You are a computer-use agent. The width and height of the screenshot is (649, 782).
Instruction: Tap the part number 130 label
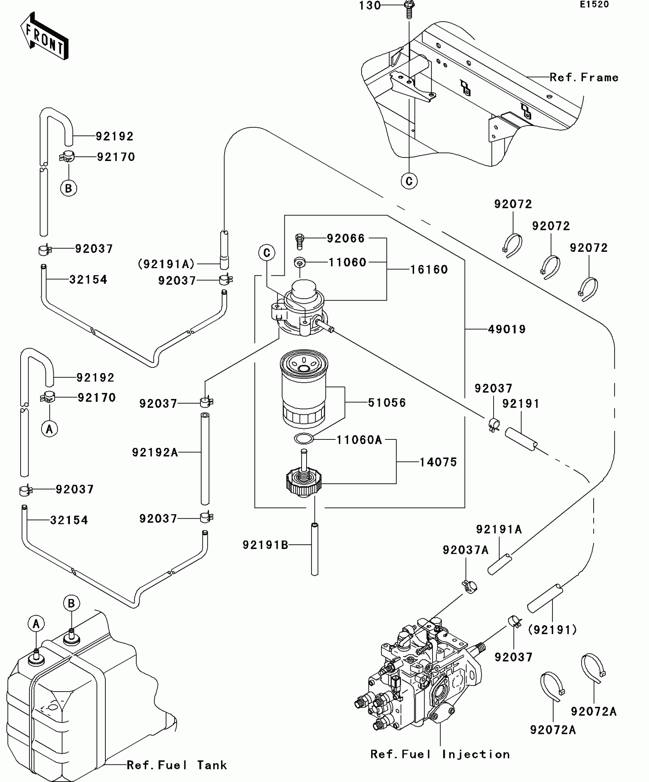370,6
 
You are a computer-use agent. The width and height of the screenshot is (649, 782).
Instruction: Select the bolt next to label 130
409,9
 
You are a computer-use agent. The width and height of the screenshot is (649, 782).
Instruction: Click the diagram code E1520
594,5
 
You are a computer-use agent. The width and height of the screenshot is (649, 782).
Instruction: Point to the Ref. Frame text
584,77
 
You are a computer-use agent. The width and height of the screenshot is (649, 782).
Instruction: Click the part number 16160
429,270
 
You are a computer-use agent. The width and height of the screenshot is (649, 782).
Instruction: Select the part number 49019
507,329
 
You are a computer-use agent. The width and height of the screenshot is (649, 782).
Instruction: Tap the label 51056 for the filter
387,402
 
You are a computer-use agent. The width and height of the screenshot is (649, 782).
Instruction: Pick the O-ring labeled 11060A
304,439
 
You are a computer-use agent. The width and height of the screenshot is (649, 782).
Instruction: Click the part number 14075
438,462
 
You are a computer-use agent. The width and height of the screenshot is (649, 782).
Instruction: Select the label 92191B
265,545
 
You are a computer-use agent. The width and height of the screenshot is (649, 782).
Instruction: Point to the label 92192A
155,452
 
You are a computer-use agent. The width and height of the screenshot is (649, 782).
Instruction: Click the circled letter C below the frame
409,181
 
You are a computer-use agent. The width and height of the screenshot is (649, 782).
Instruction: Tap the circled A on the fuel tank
36,624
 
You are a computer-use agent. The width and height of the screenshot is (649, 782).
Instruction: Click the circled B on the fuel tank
71,603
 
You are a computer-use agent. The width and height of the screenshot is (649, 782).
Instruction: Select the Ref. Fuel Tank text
177,765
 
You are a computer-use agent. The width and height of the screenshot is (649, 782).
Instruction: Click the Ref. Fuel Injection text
440,754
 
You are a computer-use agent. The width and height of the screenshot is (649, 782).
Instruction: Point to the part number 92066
345,238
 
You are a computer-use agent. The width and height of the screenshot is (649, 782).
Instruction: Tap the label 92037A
465,550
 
